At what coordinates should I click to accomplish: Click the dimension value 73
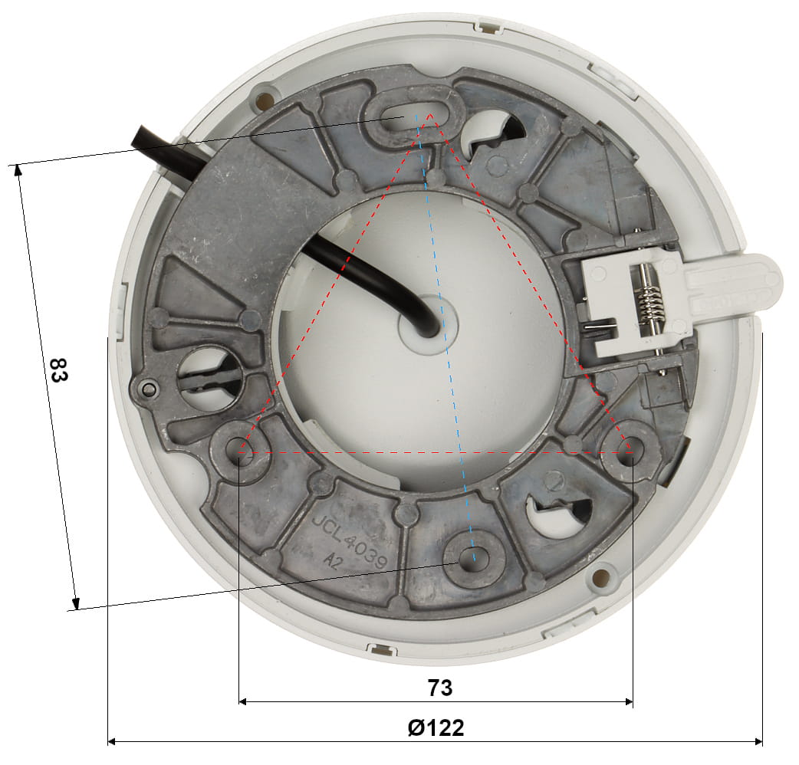click(440, 688)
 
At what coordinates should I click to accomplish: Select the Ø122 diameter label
click(436, 727)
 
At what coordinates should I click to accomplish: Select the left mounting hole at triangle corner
click(241, 451)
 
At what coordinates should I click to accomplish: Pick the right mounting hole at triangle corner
click(630, 451)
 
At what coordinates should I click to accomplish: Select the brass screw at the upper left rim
click(265, 99)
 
